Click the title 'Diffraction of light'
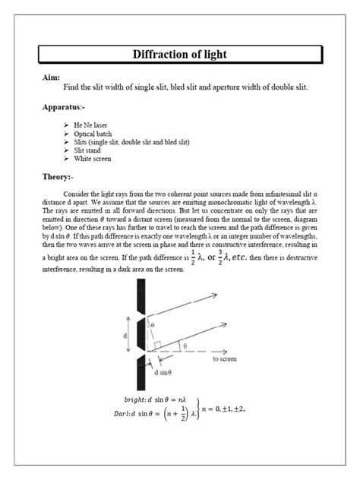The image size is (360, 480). [x=180, y=55]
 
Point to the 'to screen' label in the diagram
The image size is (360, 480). [x=226, y=358]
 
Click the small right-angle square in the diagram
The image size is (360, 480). [x=157, y=344]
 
